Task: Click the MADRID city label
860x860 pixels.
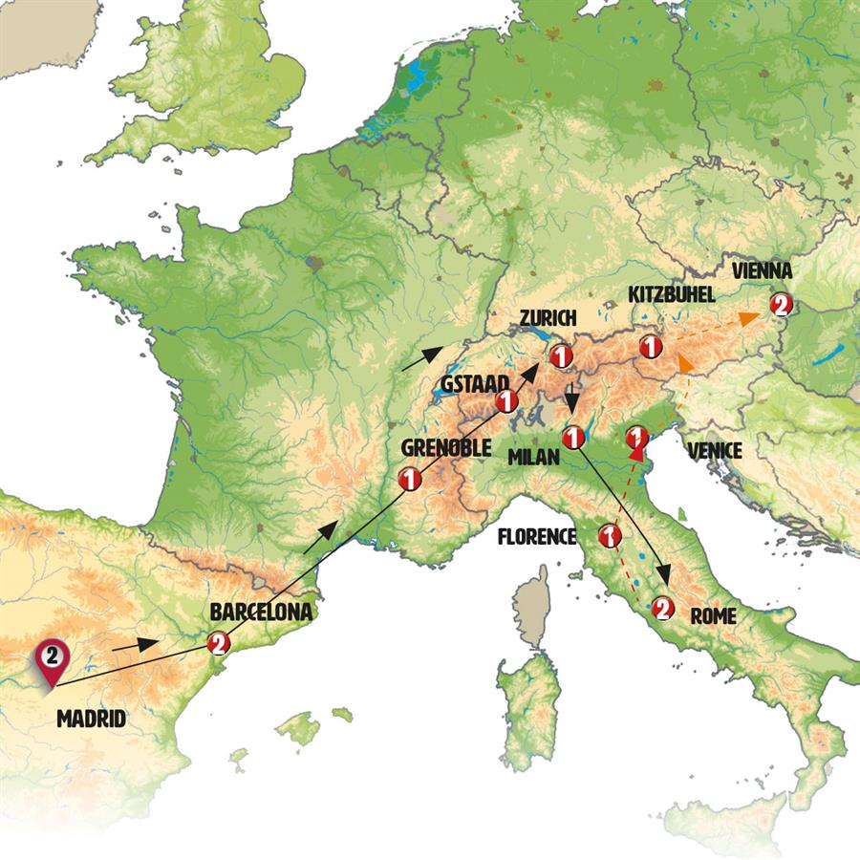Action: coord(91,718)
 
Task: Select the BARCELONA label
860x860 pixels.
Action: coord(261,612)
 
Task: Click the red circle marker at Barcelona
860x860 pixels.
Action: coord(219,643)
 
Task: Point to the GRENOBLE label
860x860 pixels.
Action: coord(446,448)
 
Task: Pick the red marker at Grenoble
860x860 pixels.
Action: coord(410,479)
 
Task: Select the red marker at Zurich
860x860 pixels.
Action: coord(561,355)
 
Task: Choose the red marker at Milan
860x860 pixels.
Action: coord(573,438)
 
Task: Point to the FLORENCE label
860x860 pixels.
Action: coord(537,537)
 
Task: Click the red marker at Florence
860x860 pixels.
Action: coord(609,536)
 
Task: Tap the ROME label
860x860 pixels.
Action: coord(712,616)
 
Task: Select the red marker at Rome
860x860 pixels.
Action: coord(661,607)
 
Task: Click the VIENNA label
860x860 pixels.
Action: coord(763,271)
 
